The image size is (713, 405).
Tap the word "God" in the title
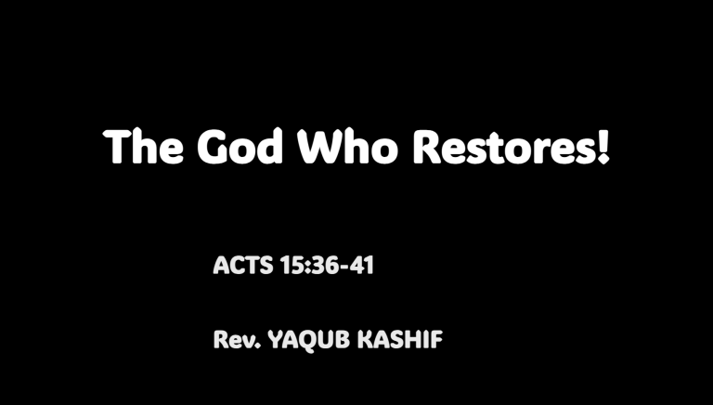click(x=240, y=147)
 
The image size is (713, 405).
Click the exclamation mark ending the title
click(x=604, y=146)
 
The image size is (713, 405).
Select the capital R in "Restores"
click(x=427, y=147)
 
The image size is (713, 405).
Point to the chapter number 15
click(x=287, y=267)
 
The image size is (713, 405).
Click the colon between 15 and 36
click(x=302, y=268)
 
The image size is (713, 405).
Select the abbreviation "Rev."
click(x=236, y=340)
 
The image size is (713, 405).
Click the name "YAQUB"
click(x=305, y=341)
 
